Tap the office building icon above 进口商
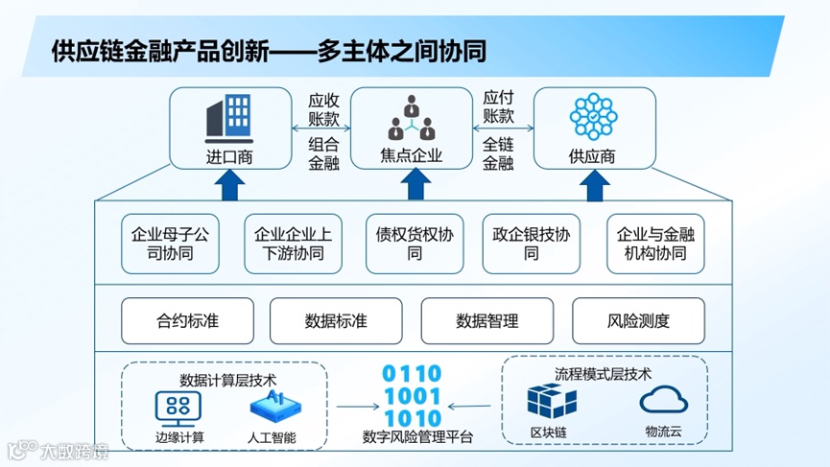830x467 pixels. tap(229, 117)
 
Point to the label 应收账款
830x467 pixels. tap(323, 109)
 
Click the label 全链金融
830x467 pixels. tap(498, 153)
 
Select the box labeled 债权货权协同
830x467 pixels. tap(415, 244)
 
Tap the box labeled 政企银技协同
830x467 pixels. tap(531, 244)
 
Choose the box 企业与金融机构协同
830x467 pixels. tap(655, 244)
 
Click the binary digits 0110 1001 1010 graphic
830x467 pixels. tap(414, 396)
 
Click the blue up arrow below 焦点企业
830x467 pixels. tap(414, 185)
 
